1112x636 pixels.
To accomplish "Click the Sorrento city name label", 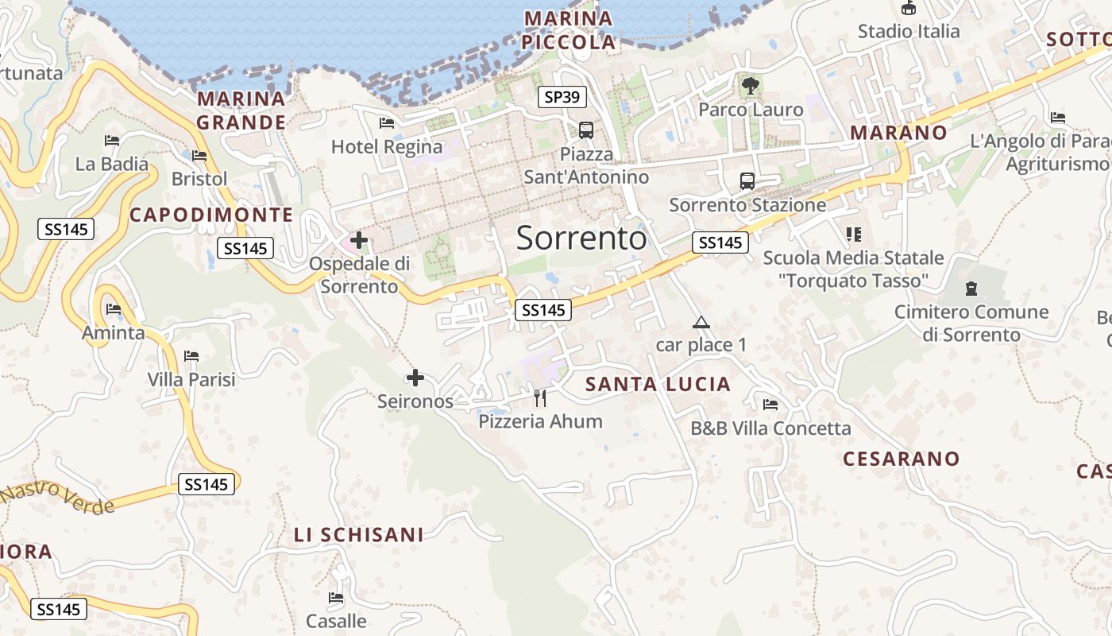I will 581,238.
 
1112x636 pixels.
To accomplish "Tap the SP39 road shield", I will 562,97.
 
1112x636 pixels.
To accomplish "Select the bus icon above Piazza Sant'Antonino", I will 586,130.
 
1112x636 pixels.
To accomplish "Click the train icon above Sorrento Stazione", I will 747,180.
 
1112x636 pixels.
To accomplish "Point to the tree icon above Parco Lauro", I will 750,84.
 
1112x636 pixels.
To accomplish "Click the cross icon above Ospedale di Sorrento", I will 359,239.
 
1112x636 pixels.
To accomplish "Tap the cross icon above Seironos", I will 415,378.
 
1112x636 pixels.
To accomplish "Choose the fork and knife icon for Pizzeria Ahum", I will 540,397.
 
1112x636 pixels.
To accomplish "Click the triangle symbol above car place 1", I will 701,322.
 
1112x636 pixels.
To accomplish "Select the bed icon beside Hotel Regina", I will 387,122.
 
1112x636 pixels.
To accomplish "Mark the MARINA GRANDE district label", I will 241,111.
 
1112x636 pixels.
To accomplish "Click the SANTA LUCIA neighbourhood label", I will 658,385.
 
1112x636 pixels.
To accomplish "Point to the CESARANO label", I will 901,459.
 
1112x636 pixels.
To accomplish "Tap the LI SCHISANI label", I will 359,535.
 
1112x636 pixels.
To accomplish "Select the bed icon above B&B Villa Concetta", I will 770,405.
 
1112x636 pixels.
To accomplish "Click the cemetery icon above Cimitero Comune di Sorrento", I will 971,288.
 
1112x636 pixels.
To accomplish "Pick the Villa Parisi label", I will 191,380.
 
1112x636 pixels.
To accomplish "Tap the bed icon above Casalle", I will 336,597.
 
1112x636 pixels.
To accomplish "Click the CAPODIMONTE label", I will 211,215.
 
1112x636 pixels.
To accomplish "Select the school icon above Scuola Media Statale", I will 854,234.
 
